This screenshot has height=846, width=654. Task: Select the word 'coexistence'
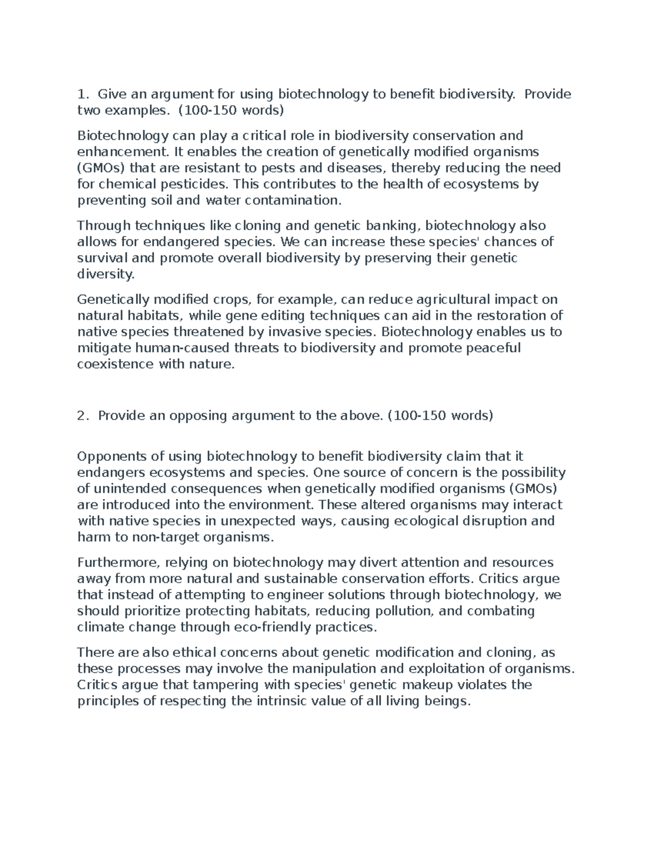coord(116,365)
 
